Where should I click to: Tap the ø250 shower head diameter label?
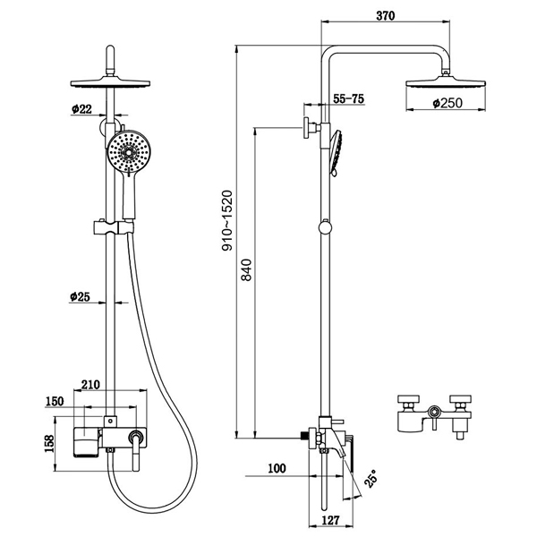447,104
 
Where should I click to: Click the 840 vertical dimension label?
248,269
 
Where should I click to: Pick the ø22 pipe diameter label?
81,109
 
